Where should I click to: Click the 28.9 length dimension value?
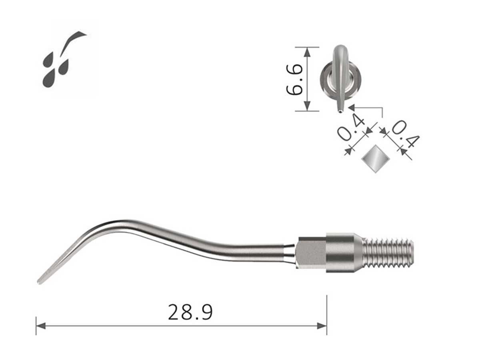coord(190,312)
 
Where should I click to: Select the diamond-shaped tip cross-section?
coord(376,159)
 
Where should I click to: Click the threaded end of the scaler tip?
coord(388,253)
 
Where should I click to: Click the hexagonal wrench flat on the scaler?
coord(311,253)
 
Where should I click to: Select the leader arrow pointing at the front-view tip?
coord(352,107)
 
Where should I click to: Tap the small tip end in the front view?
coord(340,110)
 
